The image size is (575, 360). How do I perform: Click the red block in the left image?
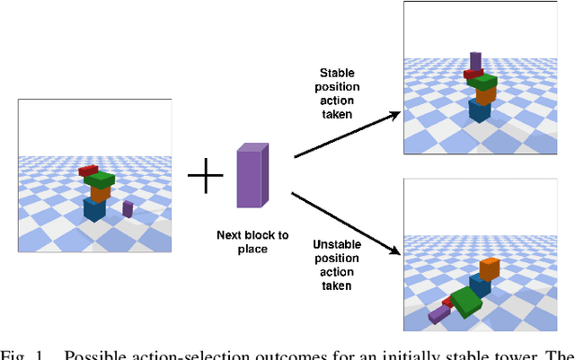click(87, 170)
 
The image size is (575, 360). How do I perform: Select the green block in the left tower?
click(100, 179)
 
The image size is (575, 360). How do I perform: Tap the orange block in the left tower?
click(100, 192)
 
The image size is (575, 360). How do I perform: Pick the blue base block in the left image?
click(94, 209)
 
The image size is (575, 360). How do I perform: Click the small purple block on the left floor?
click(128, 209)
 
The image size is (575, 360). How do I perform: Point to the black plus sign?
click(205, 176)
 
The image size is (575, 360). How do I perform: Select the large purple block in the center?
click(252, 175)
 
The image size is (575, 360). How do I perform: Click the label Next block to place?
click(252, 241)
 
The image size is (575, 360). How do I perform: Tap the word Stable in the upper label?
click(341, 73)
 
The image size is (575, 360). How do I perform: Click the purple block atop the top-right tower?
click(475, 61)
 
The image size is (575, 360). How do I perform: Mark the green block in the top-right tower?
click(483, 83)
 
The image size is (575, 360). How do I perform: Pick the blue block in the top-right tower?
click(480, 110)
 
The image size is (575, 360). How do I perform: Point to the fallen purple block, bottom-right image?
click(438, 313)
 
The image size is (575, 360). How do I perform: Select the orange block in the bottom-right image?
click(489, 268)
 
